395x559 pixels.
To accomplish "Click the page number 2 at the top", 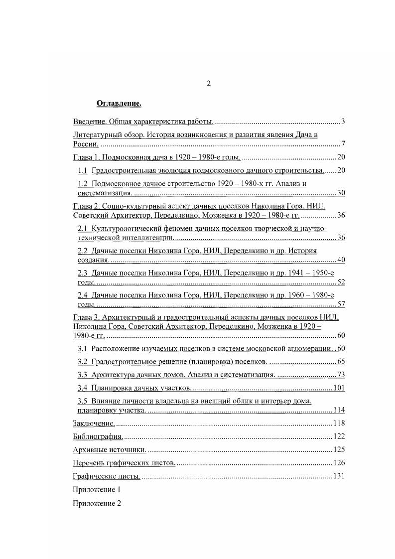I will (209, 84).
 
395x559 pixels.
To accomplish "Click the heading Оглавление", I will (119, 104).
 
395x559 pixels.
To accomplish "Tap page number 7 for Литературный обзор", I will (343, 144).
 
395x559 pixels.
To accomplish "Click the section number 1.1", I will (83, 171).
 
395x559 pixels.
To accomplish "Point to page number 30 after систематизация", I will (341, 193).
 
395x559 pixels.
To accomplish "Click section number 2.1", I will (83, 228).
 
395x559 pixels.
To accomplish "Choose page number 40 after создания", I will (341, 260).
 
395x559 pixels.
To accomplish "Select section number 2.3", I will (83, 273).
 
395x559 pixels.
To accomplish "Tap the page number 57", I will (341, 304).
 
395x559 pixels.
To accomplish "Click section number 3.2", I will (83, 361).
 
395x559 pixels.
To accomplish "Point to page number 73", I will (341, 375).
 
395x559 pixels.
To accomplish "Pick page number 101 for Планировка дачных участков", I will (339, 388).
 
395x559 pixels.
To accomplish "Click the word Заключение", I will (94, 423).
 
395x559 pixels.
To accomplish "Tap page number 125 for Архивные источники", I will (339, 450).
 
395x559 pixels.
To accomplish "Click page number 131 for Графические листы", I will (339, 476).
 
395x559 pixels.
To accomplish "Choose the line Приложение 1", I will (97, 490).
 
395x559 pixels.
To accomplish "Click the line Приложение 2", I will (97, 503).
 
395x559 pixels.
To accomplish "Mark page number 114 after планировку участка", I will (339, 411).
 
